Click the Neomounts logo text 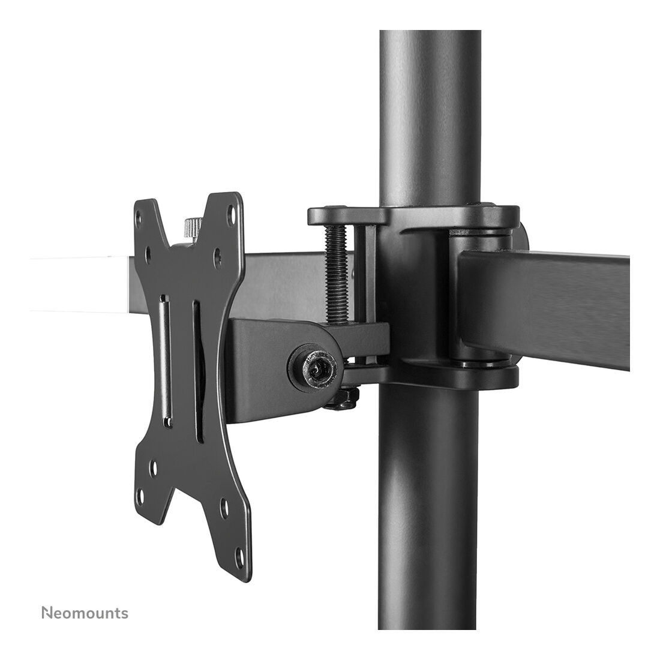[x=85, y=613]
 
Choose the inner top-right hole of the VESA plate [x=217, y=254]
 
